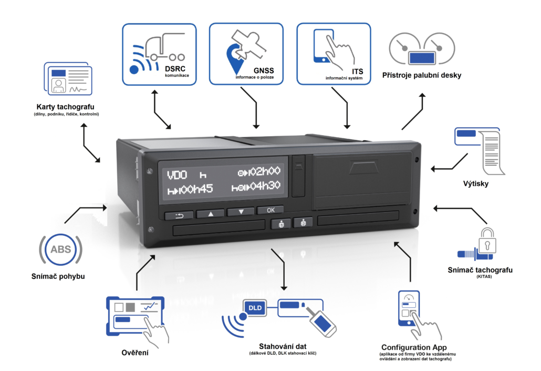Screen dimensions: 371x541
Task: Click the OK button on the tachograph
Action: click(x=270, y=210)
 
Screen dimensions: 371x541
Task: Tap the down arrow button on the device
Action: click(x=241, y=213)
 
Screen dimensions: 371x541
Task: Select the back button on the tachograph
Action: click(x=179, y=215)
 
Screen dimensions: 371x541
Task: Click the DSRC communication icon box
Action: click(x=159, y=54)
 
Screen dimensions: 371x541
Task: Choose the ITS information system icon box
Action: click(x=334, y=54)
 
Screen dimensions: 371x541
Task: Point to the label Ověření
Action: click(x=134, y=352)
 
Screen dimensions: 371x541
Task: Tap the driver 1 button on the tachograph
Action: click(x=280, y=224)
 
